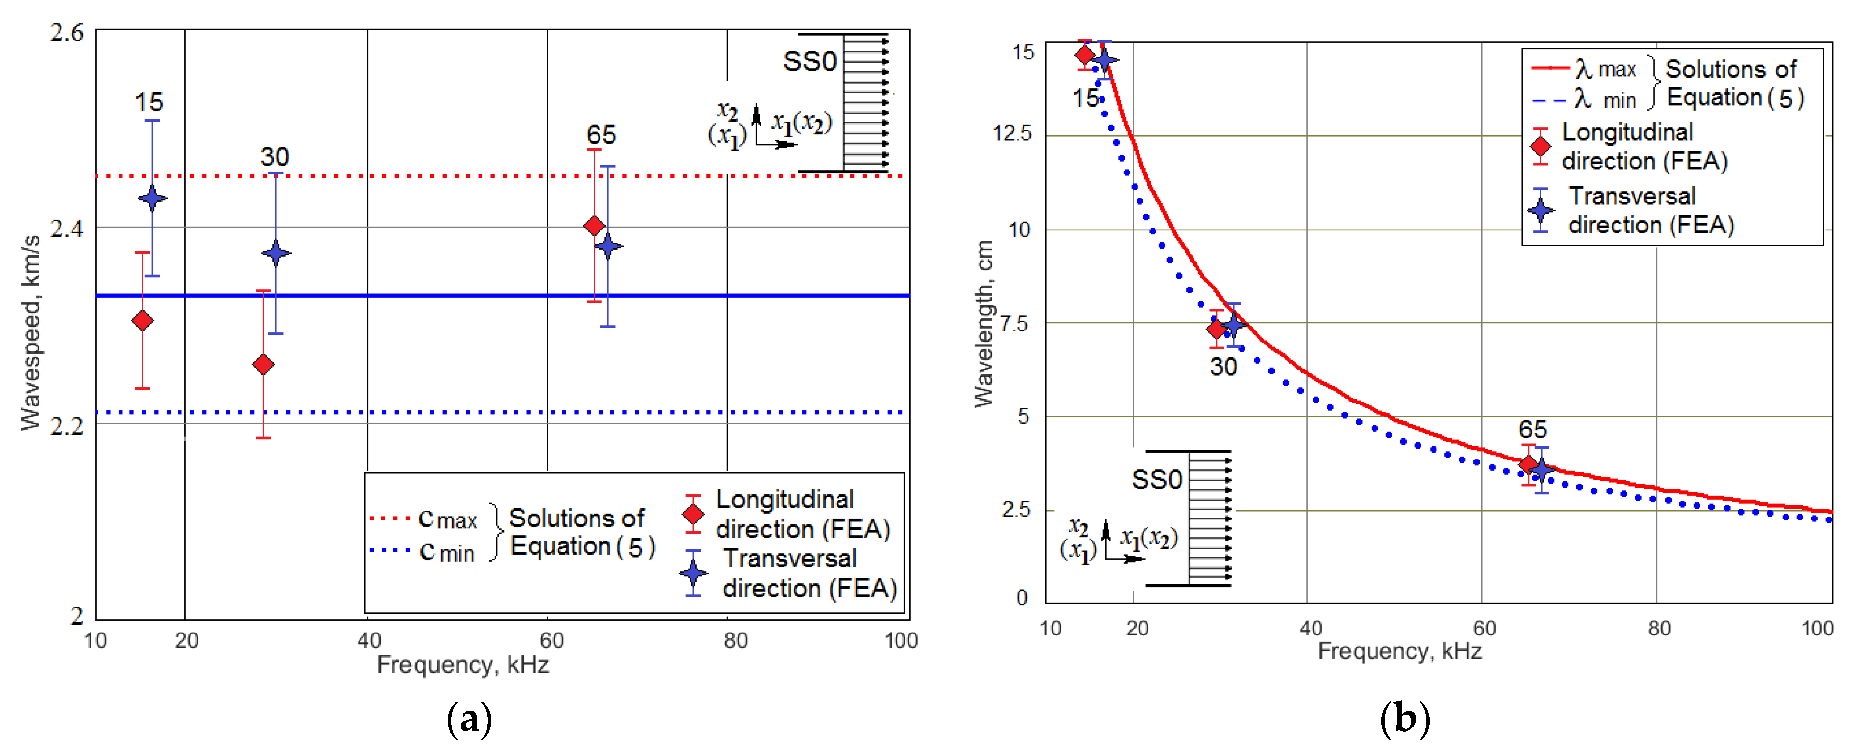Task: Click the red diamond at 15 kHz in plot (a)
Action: [143, 320]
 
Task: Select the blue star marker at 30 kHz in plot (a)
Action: [276, 253]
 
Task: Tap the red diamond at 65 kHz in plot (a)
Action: [594, 226]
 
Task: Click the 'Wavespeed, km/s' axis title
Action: [30, 333]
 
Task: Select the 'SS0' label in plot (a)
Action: [809, 62]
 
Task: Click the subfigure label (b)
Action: [1404, 718]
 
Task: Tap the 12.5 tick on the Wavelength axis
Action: [1012, 133]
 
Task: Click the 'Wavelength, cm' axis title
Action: [984, 324]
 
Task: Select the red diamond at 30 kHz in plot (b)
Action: [1216, 329]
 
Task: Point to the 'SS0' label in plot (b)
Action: [1156, 479]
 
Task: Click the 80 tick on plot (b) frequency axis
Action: [1659, 628]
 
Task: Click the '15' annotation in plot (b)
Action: [1085, 98]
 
